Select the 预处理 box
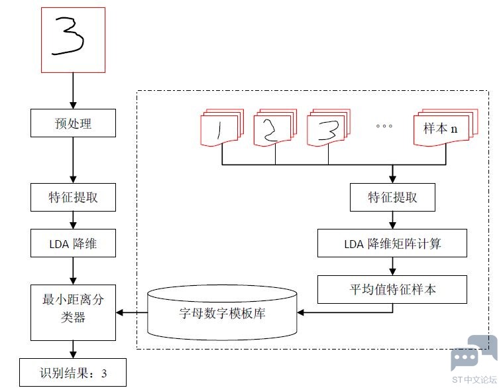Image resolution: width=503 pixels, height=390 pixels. pyautogui.click(x=73, y=123)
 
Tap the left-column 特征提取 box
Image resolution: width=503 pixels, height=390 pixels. pyautogui.click(x=73, y=197)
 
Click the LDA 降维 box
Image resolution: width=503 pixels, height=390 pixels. pyautogui.click(x=73, y=243)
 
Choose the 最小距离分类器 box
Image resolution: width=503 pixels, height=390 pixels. pyautogui.click(x=73, y=312)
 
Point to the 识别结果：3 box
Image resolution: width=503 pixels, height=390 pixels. pyautogui.click(x=73, y=372)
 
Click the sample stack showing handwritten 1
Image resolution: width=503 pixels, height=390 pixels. pyautogui.click(x=222, y=127)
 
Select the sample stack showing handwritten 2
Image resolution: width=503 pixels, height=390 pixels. pyautogui.click(x=275, y=127)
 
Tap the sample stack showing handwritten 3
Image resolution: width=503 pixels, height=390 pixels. pyautogui.click(x=329, y=127)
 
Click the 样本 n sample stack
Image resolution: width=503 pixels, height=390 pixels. pyautogui.click(x=446, y=127)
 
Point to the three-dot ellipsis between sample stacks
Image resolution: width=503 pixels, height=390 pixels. pyautogui.click(x=384, y=126)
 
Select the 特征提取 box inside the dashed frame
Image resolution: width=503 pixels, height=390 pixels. pyautogui.click(x=392, y=197)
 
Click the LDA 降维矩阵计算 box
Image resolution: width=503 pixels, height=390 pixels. pyautogui.click(x=392, y=243)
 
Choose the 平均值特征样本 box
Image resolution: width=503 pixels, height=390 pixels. pyautogui.click(x=392, y=289)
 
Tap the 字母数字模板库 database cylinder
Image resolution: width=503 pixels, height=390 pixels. pyautogui.click(x=222, y=312)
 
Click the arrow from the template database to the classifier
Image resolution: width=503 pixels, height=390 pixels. pyautogui.click(x=132, y=312)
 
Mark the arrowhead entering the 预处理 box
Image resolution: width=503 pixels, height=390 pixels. pyautogui.click(x=73, y=105)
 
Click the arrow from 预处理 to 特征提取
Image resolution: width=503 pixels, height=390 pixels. pyautogui.click(x=73, y=160)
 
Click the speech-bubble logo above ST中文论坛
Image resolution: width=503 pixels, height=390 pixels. pyautogui.click(x=474, y=352)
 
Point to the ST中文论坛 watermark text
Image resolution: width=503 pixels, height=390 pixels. pyautogui.click(x=474, y=380)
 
